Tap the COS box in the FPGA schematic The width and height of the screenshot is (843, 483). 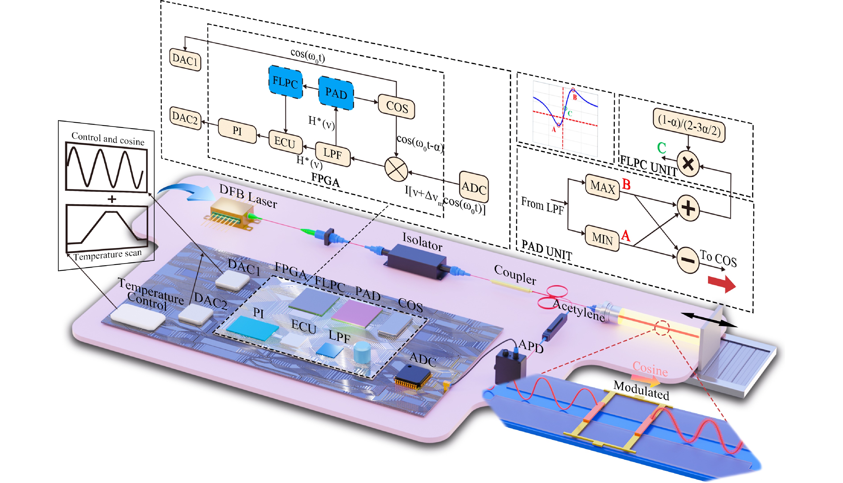point(397,107)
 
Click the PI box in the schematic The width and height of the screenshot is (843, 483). point(237,131)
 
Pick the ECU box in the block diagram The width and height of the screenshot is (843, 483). point(285,143)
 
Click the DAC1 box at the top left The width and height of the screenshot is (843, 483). point(185,60)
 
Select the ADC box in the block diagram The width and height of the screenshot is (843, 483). point(474,187)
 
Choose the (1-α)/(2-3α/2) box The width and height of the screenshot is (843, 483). point(689,125)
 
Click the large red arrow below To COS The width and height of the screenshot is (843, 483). point(722,284)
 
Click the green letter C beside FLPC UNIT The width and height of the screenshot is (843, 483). point(661,148)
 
